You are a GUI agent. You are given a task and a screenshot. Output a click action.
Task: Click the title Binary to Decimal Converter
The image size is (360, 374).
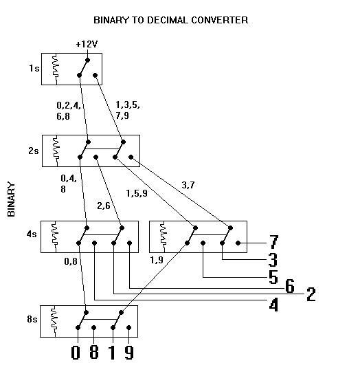click(x=170, y=20)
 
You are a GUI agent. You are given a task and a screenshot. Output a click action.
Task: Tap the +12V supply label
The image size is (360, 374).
click(x=87, y=45)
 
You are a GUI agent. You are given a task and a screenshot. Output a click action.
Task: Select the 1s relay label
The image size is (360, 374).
click(x=34, y=69)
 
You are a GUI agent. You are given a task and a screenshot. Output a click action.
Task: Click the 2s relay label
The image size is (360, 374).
click(x=34, y=151)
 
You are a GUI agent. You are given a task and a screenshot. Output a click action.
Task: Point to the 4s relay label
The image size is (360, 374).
click(x=32, y=234)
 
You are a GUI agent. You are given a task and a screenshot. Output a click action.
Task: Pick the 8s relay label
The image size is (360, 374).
click(x=32, y=319)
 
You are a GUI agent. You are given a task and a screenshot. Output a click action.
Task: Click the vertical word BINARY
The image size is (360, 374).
click(x=11, y=199)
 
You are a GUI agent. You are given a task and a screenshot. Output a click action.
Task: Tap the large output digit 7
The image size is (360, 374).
click(x=273, y=242)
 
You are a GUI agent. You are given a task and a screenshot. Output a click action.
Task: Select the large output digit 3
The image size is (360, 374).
click(x=273, y=260)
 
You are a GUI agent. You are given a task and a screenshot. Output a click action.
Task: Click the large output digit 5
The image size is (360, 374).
click(x=273, y=277)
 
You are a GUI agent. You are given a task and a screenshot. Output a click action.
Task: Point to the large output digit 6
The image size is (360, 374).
click(x=290, y=286)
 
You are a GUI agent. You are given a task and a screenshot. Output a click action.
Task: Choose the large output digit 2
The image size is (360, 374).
click(x=311, y=294)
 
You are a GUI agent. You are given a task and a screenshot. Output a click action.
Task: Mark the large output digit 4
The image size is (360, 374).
click(x=273, y=305)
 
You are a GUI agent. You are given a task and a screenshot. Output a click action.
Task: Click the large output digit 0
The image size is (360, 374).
click(x=76, y=353)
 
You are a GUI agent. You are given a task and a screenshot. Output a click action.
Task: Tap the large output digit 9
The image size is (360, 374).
click(x=129, y=353)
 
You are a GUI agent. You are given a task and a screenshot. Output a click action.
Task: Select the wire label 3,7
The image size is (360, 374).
click(x=188, y=185)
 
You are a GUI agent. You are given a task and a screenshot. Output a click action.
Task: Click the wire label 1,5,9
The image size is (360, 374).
click(x=137, y=193)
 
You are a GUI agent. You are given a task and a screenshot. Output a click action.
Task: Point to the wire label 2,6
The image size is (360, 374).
click(x=104, y=206)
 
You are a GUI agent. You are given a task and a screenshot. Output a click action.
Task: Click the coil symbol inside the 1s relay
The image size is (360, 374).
click(x=56, y=69)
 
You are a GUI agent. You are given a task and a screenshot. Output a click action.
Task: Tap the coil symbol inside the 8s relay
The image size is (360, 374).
click(x=54, y=321)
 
